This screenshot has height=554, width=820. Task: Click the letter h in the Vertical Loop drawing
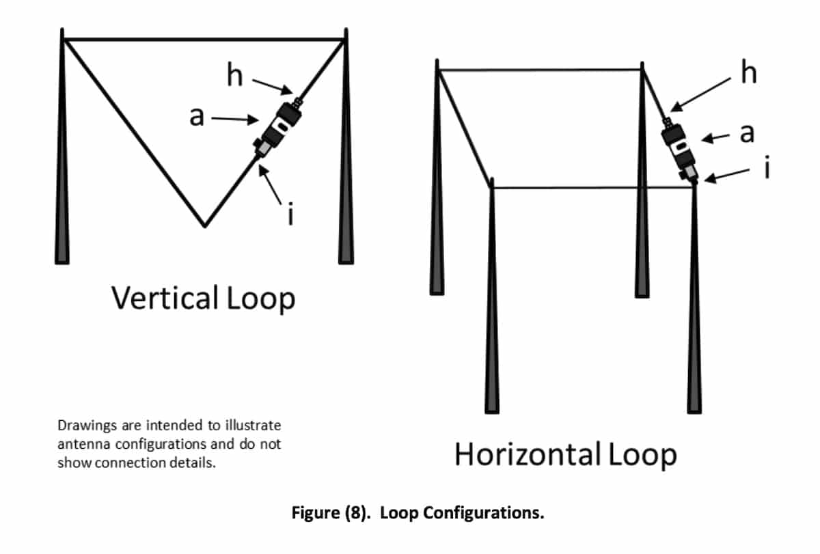pos(234,76)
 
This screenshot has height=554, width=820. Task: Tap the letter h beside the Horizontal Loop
pos(750,72)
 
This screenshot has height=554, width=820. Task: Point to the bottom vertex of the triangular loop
pos(204,225)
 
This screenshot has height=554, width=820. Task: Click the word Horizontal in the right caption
pos(527,455)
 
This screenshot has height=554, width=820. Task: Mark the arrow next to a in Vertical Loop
pos(232,119)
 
